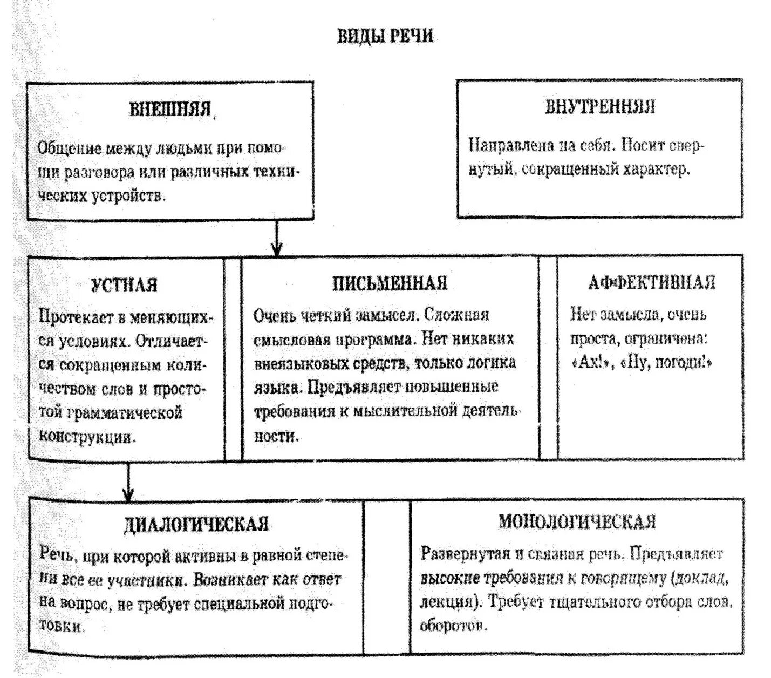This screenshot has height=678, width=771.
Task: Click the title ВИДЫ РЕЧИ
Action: (385, 36)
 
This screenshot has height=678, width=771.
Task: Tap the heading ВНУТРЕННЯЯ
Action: (599, 106)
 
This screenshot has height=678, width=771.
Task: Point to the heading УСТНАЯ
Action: (124, 285)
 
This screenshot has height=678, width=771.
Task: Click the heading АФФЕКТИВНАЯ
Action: (651, 282)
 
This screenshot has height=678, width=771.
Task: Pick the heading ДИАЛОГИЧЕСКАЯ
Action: (196, 524)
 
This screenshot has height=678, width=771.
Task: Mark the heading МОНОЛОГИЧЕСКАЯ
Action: (577, 522)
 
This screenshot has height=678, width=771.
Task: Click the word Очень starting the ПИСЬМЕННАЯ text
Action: (273, 316)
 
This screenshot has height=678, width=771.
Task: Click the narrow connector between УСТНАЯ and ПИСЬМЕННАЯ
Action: (233, 358)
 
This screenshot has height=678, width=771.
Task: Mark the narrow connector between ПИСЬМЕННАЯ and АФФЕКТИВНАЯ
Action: (548, 358)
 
